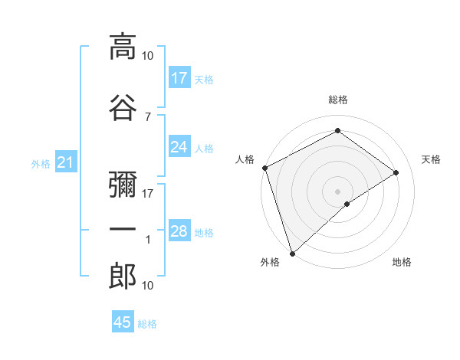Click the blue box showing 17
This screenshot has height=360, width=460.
[x=179, y=78]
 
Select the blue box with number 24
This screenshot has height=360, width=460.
[x=179, y=147]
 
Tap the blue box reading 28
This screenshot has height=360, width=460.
[x=179, y=231]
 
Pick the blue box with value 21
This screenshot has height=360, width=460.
[x=65, y=162]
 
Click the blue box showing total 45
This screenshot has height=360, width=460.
[x=123, y=322]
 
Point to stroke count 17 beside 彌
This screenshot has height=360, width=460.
[x=148, y=194]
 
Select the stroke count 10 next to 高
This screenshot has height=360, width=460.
[x=148, y=55]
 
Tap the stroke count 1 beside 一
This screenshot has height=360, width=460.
[x=148, y=240]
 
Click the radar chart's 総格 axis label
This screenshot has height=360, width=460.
[x=337, y=100]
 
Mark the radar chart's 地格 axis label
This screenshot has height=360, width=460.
[x=402, y=263]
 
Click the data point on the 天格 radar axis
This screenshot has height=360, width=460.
[x=396, y=172]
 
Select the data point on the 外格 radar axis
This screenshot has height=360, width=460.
[x=292, y=253]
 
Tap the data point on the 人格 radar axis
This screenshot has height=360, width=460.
[x=264, y=168]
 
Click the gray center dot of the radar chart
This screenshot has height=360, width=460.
[x=337, y=191]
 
